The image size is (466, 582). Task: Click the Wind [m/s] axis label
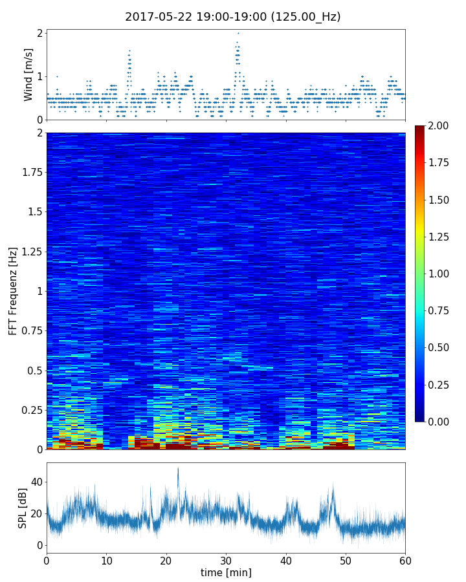click(x=28, y=74)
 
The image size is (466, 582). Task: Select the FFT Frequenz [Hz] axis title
click(x=13, y=291)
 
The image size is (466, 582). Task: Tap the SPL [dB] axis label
click(x=23, y=508)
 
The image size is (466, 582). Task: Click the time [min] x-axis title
click(x=226, y=572)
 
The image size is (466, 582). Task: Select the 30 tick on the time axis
click(x=226, y=559)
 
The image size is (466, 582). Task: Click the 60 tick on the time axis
click(x=405, y=559)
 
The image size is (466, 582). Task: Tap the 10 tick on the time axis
click(x=106, y=559)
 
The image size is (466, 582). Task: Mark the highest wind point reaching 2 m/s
click(x=238, y=33)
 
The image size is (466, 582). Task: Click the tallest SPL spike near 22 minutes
click(x=178, y=468)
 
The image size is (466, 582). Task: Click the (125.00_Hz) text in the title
click(x=305, y=17)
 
